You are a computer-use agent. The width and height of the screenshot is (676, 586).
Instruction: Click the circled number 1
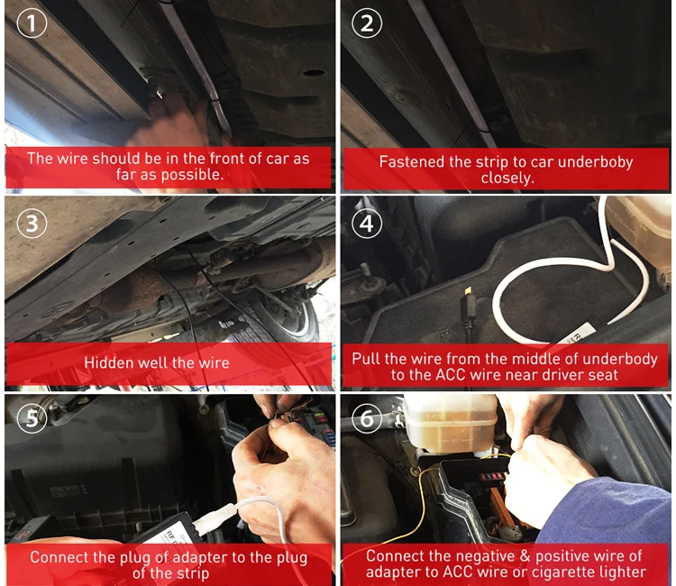pos(32,23)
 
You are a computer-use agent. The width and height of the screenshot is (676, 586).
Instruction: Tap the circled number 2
pos(367,23)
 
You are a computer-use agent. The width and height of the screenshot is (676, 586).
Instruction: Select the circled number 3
pos(32,224)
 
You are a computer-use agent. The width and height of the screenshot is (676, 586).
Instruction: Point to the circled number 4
pos(367,224)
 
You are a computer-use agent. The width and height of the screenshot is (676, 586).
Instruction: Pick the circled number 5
pos(32,418)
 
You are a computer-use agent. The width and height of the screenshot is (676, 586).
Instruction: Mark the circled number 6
pos(367,418)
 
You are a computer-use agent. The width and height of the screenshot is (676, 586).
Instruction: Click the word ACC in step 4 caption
pos(451,375)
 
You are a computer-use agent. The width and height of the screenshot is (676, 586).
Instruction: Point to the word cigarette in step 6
pos(564,572)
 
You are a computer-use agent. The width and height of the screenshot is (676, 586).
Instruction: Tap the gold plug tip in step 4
pos(467,291)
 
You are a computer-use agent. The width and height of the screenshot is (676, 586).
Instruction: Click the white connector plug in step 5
pos(215,516)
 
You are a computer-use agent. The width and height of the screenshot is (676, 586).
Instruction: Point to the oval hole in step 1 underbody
pos(314,73)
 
